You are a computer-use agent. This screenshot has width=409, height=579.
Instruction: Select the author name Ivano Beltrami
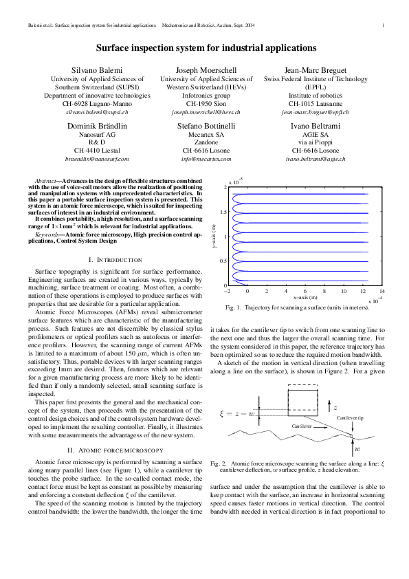coord(309,127)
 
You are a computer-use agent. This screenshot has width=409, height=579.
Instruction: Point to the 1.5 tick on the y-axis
coord(224,212)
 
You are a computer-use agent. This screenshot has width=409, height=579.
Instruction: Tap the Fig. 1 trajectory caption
coord(301,307)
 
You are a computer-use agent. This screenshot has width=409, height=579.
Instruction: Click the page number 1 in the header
coord(382,26)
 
